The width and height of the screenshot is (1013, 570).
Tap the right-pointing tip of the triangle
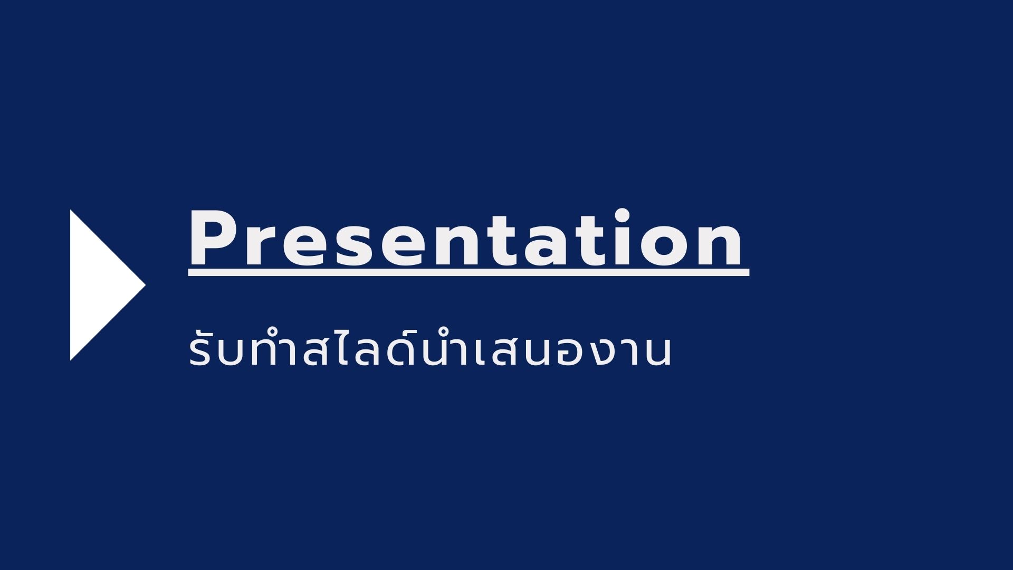(x=146, y=285)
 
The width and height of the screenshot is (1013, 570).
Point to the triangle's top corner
(x=71, y=210)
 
